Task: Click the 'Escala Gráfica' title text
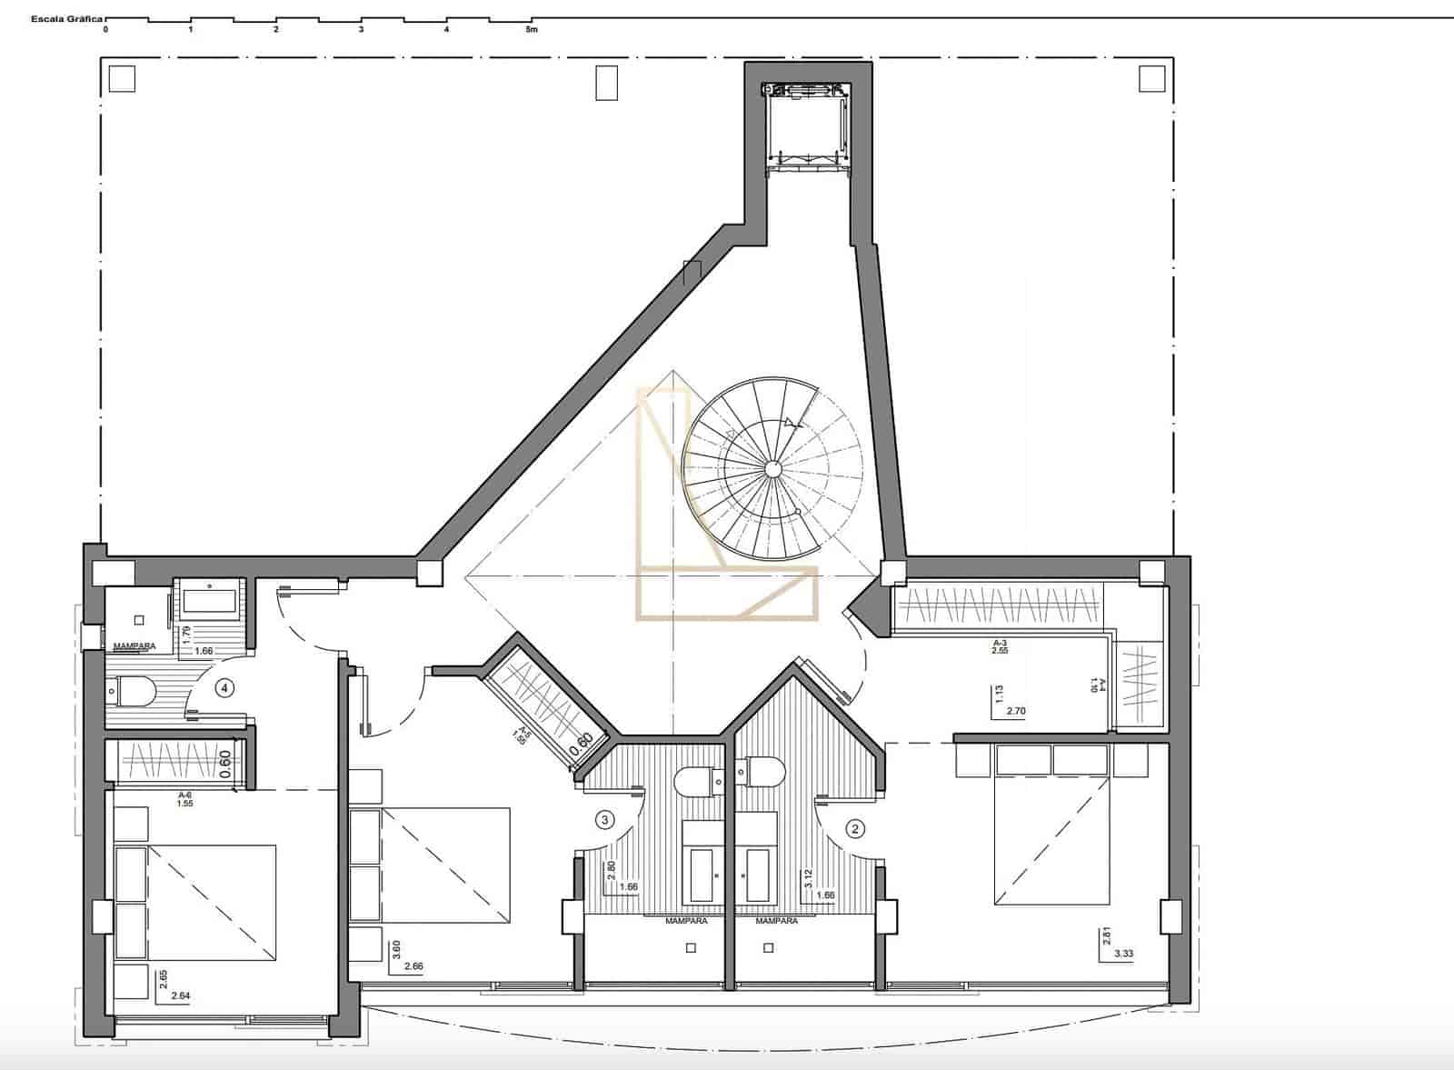click(x=66, y=18)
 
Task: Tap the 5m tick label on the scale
click(x=532, y=30)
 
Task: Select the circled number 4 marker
click(x=224, y=688)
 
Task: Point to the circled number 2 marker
click(x=854, y=828)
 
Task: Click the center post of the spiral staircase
click(x=772, y=468)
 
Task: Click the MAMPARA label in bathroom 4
click(x=134, y=646)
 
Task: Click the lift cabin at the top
click(x=808, y=127)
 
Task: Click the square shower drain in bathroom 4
click(x=139, y=620)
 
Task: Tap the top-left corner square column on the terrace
click(x=122, y=79)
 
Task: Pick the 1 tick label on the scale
click(x=191, y=30)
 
